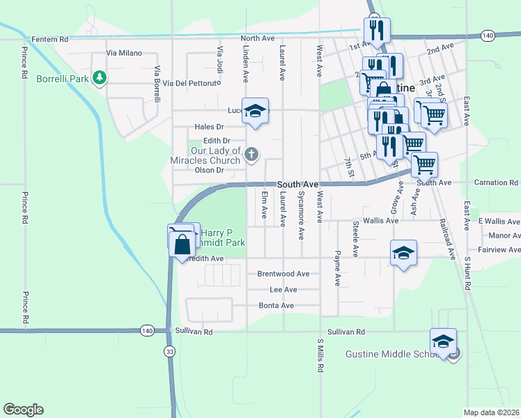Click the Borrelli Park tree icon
click(100, 78)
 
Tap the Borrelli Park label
click(63, 79)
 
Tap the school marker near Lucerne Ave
click(256, 111)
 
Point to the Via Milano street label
click(124, 53)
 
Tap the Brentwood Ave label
click(283, 274)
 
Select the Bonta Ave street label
click(277, 305)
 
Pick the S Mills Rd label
click(320, 355)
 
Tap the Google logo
click(23, 410)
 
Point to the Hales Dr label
click(209, 127)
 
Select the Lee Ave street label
click(283, 290)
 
